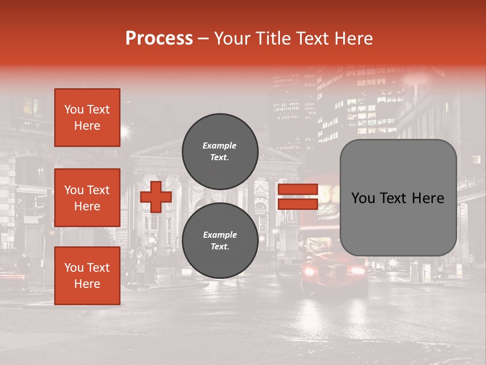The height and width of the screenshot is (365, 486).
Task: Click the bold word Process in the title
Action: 159,38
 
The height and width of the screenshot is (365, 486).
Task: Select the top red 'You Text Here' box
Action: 87,118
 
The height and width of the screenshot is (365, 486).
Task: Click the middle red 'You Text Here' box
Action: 87,198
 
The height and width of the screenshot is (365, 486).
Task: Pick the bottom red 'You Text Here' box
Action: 87,276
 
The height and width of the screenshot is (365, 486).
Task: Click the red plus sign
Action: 156,197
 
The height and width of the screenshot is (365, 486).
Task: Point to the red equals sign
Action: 298,197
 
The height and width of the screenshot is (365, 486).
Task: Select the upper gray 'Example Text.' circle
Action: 220,152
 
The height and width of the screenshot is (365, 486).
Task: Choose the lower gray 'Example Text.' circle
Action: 220,241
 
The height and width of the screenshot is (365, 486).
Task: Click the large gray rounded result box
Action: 398,198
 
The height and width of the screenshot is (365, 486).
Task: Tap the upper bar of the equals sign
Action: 298,190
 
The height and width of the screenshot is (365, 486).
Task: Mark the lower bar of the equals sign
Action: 298,204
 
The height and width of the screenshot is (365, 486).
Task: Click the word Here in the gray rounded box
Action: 428,198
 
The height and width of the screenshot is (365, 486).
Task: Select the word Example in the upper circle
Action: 220,145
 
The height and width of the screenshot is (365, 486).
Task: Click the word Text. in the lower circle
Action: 220,247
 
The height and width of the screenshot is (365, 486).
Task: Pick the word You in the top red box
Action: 74,109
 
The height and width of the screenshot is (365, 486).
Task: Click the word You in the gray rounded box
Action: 362,198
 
